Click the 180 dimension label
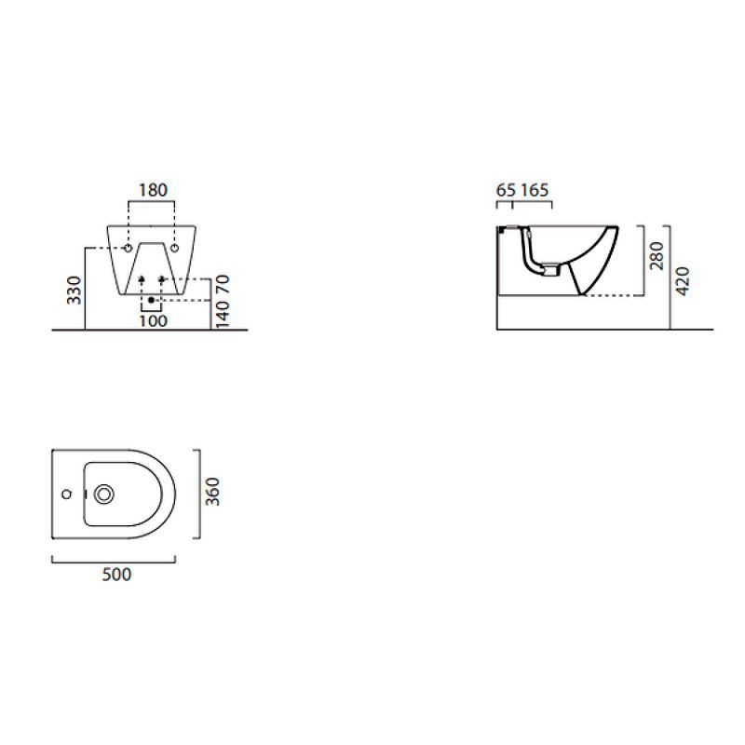[x=153, y=190]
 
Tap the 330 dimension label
[x=74, y=290]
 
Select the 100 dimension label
[x=153, y=321]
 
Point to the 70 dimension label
[x=223, y=284]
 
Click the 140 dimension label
[x=223, y=314]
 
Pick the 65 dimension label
[x=506, y=190]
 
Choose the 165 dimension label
[x=535, y=190]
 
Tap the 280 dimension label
[x=657, y=255]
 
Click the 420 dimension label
[x=683, y=281]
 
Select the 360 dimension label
[x=212, y=492]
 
